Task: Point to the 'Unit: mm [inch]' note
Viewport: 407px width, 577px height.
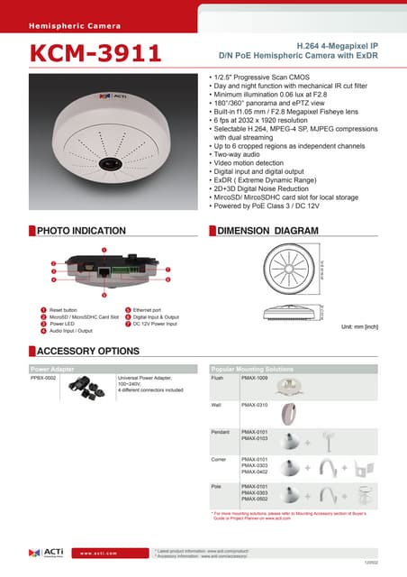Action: coord(358,326)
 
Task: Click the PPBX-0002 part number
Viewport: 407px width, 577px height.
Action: coord(44,379)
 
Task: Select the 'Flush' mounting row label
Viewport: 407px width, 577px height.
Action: coord(217,379)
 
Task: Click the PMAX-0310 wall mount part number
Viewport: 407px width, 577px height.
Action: coord(256,407)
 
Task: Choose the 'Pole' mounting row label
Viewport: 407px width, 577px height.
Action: coord(216,487)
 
